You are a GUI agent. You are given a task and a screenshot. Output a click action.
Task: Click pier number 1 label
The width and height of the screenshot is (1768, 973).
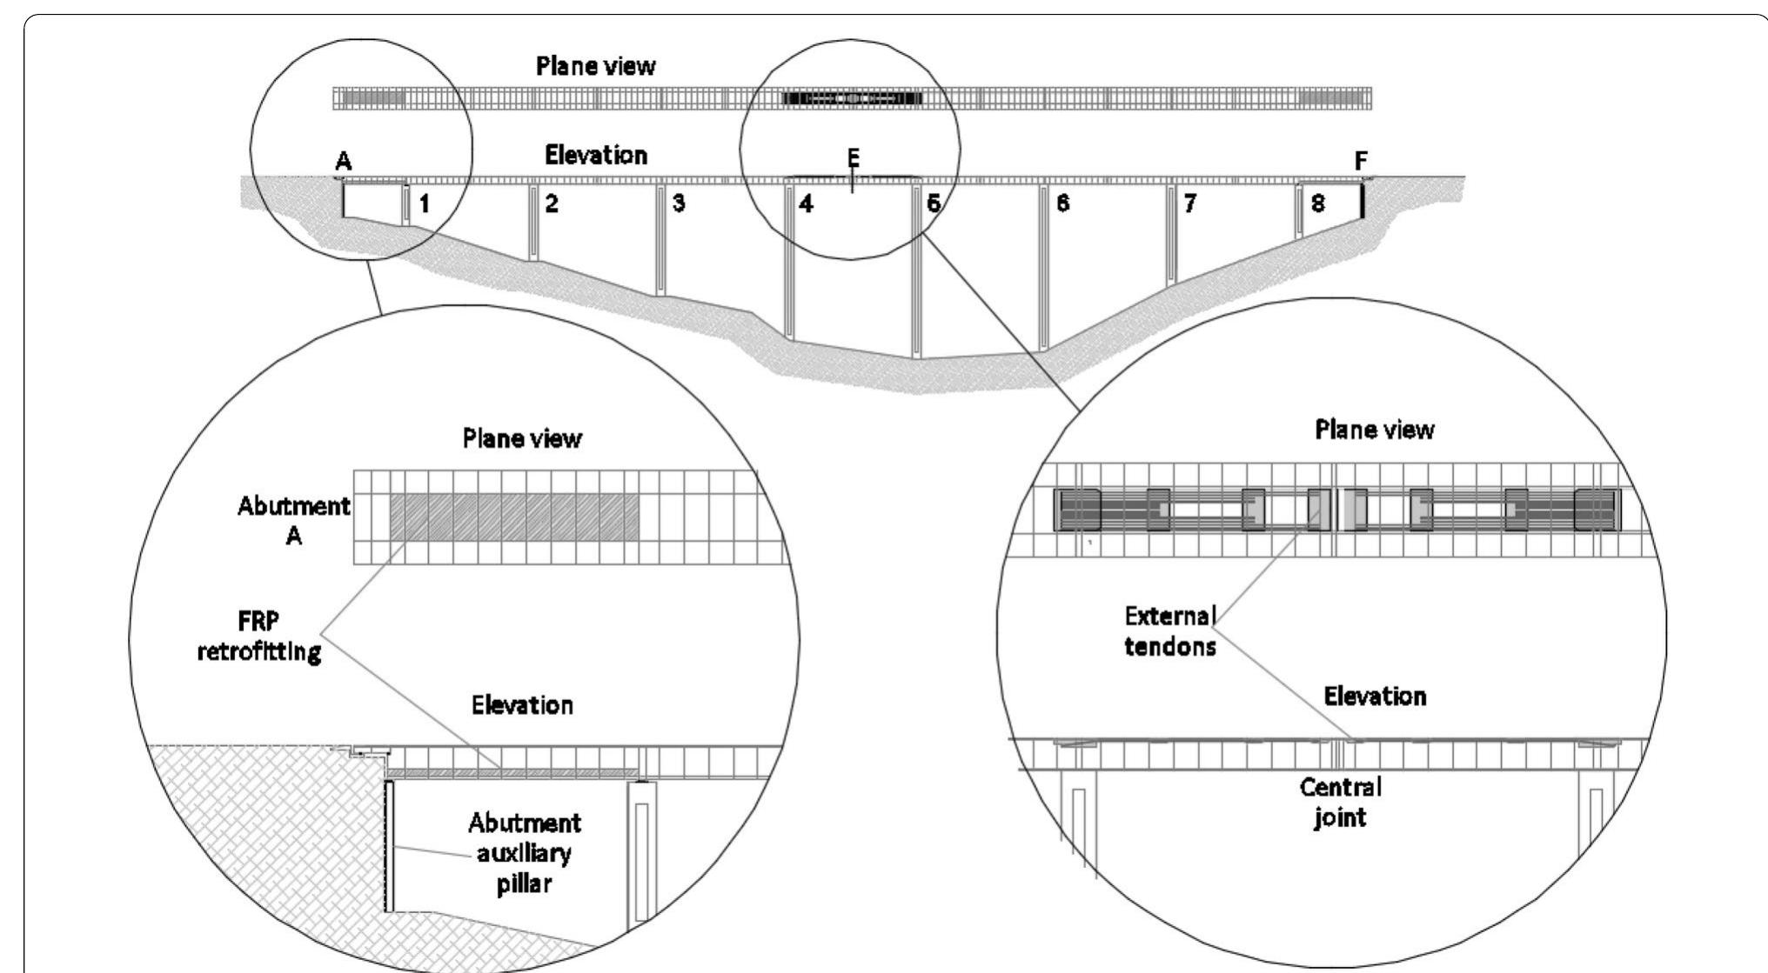425,204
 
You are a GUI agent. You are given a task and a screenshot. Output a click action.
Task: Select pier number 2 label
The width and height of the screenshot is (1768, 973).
552,204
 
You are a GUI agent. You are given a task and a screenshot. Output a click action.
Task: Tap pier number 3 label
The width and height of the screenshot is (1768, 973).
679,204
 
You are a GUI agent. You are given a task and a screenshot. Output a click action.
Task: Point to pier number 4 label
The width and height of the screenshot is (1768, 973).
807,204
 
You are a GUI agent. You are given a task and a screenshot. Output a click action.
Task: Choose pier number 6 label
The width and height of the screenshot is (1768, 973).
1062,204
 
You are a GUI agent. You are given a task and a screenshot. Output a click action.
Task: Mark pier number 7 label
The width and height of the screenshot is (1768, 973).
1189,204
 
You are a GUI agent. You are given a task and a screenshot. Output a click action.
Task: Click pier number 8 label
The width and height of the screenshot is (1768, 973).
1318,204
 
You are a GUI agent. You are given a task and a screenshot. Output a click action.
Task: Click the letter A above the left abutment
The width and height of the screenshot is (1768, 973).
344,161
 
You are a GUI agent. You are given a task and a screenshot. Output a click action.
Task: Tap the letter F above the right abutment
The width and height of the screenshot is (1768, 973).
1362,161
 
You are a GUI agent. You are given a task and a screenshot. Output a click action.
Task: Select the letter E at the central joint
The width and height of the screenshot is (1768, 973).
854,157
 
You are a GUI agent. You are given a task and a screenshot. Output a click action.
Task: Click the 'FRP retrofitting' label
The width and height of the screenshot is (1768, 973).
259,636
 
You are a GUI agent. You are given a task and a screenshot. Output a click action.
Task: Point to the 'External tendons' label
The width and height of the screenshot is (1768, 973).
1169,631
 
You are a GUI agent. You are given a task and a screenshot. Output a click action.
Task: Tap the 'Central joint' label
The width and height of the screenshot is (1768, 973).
1340,802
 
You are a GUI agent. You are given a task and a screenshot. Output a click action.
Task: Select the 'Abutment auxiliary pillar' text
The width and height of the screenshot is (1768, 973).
524,853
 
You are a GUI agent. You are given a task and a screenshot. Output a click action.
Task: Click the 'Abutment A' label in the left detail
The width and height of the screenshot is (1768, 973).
294,521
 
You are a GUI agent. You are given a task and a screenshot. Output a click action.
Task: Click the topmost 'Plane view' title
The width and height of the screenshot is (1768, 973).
595,66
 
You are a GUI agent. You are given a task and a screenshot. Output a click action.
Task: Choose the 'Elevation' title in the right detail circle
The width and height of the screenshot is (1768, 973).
1375,696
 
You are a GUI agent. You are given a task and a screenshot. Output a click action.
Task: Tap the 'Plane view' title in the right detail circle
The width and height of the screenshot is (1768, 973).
1375,430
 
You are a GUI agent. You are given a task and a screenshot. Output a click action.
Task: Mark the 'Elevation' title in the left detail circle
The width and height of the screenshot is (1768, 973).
522,704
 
